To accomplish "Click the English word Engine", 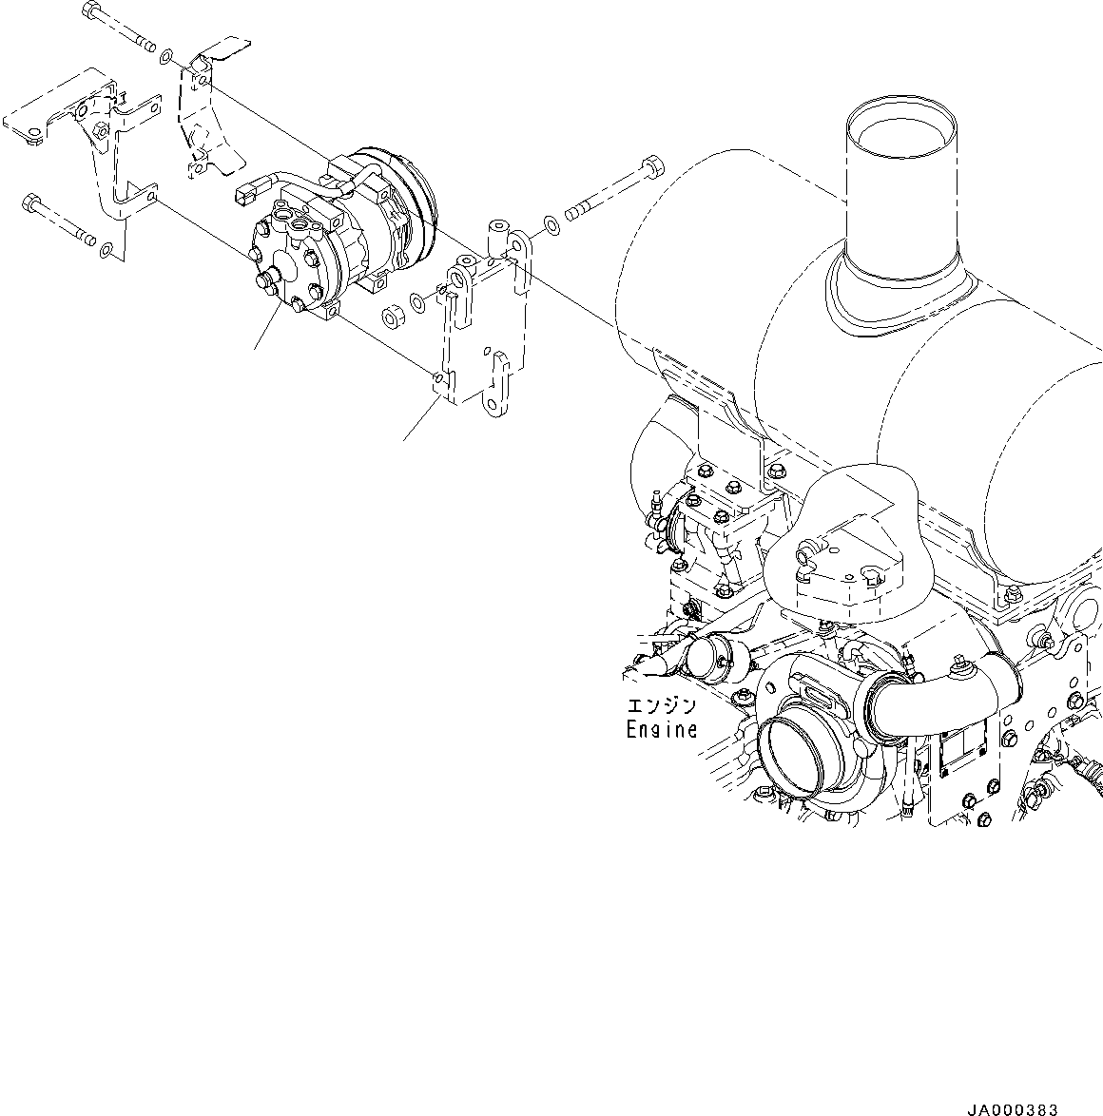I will click(x=661, y=730).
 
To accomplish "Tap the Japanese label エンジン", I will click(x=661, y=707).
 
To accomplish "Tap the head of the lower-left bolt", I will click(x=31, y=202).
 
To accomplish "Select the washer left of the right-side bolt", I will click(x=551, y=226).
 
